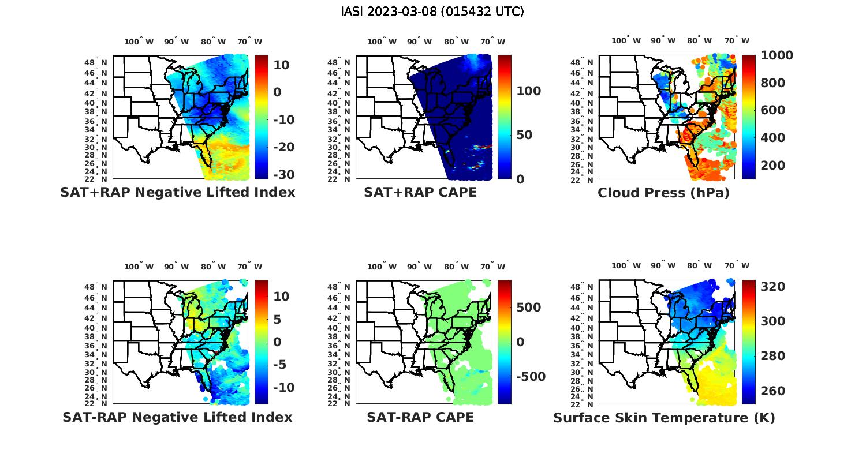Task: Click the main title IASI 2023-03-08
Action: pyautogui.click(x=432, y=12)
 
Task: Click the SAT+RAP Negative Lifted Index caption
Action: pyautogui.click(x=177, y=192)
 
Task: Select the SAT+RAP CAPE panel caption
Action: pyautogui.click(x=420, y=192)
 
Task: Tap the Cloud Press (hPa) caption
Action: pyautogui.click(x=663, y=193)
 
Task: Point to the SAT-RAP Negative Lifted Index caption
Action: pyautogui.click(x=177, y=417)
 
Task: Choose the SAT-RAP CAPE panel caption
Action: pyautogui.click(x=420, y=417)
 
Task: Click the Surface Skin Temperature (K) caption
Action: pyautogui.click(x=664, y=418)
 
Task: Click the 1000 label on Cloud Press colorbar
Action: pyautogui.click(x=777, y=55)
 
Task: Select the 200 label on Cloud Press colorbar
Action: pyautogui.click(x=772, y=166)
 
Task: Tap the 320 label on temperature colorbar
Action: pyautogui.click(x=772, y=287)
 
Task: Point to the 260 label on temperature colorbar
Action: pyautogui.click(x=772, y=391)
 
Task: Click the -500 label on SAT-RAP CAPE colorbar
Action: pyautogui.click(x=530, y=377)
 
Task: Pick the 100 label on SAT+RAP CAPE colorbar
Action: pyautogui.click(x=528, y=91)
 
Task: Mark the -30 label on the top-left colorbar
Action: pyautogui.click(x=283, y=174)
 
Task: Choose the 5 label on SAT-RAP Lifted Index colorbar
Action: pyautogui.click(x=278, y=319)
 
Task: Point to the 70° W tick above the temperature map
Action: pyautogui.click(x=737, y=266)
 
